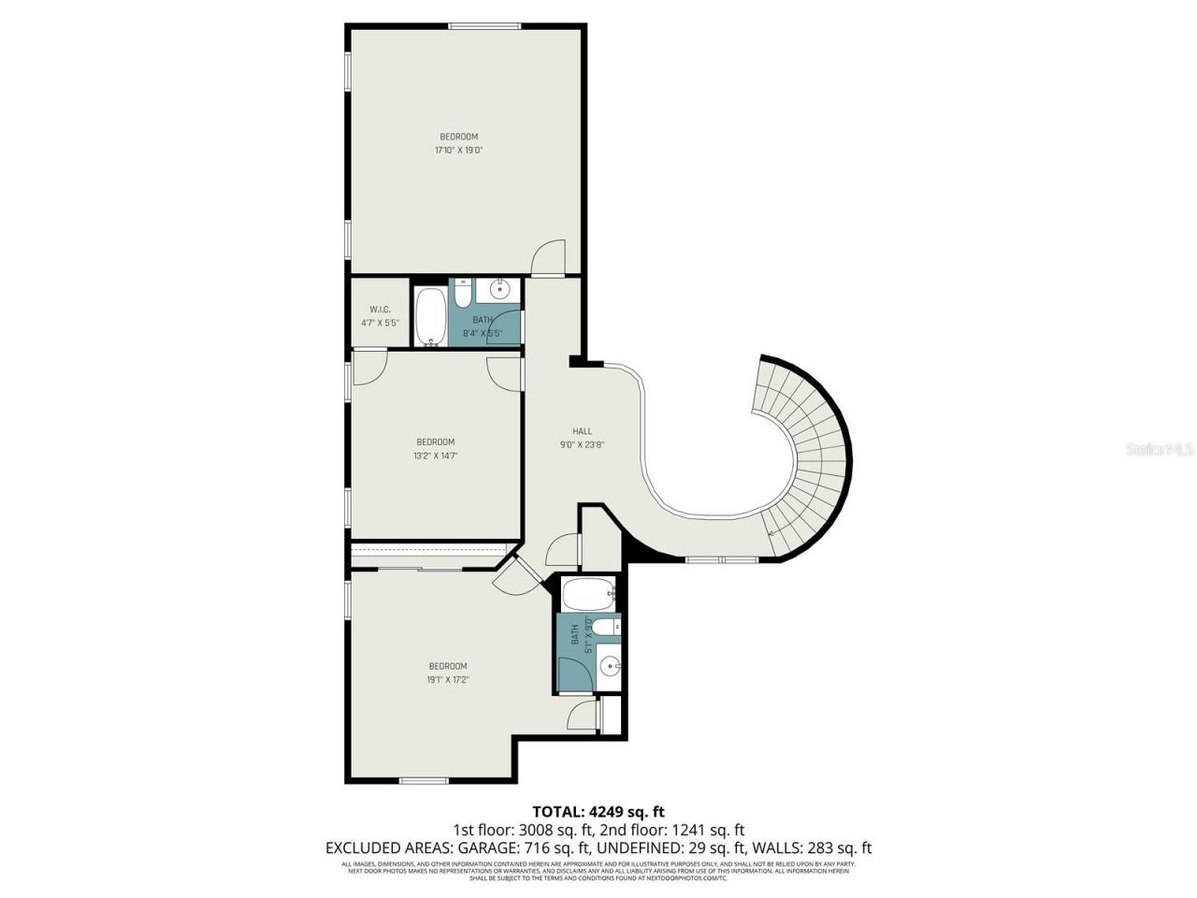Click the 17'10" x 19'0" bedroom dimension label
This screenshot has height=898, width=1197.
pos(458,150)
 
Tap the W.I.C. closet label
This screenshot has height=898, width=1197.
pos(380,310)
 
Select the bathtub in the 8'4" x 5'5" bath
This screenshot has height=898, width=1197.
pos(431,315)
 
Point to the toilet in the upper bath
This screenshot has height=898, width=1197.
pos(462,294)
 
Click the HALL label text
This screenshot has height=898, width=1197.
pos(583,431)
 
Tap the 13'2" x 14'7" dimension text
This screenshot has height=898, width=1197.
pos(436,456)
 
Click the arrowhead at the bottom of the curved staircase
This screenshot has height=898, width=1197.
pos(770,533)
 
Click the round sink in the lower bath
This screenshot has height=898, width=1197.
pos(610,667)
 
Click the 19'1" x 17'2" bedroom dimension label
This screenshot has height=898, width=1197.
pos(448,680)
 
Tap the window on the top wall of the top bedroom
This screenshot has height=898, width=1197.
pos(484,25)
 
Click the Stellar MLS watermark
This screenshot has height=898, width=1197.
pos(1159,450)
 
